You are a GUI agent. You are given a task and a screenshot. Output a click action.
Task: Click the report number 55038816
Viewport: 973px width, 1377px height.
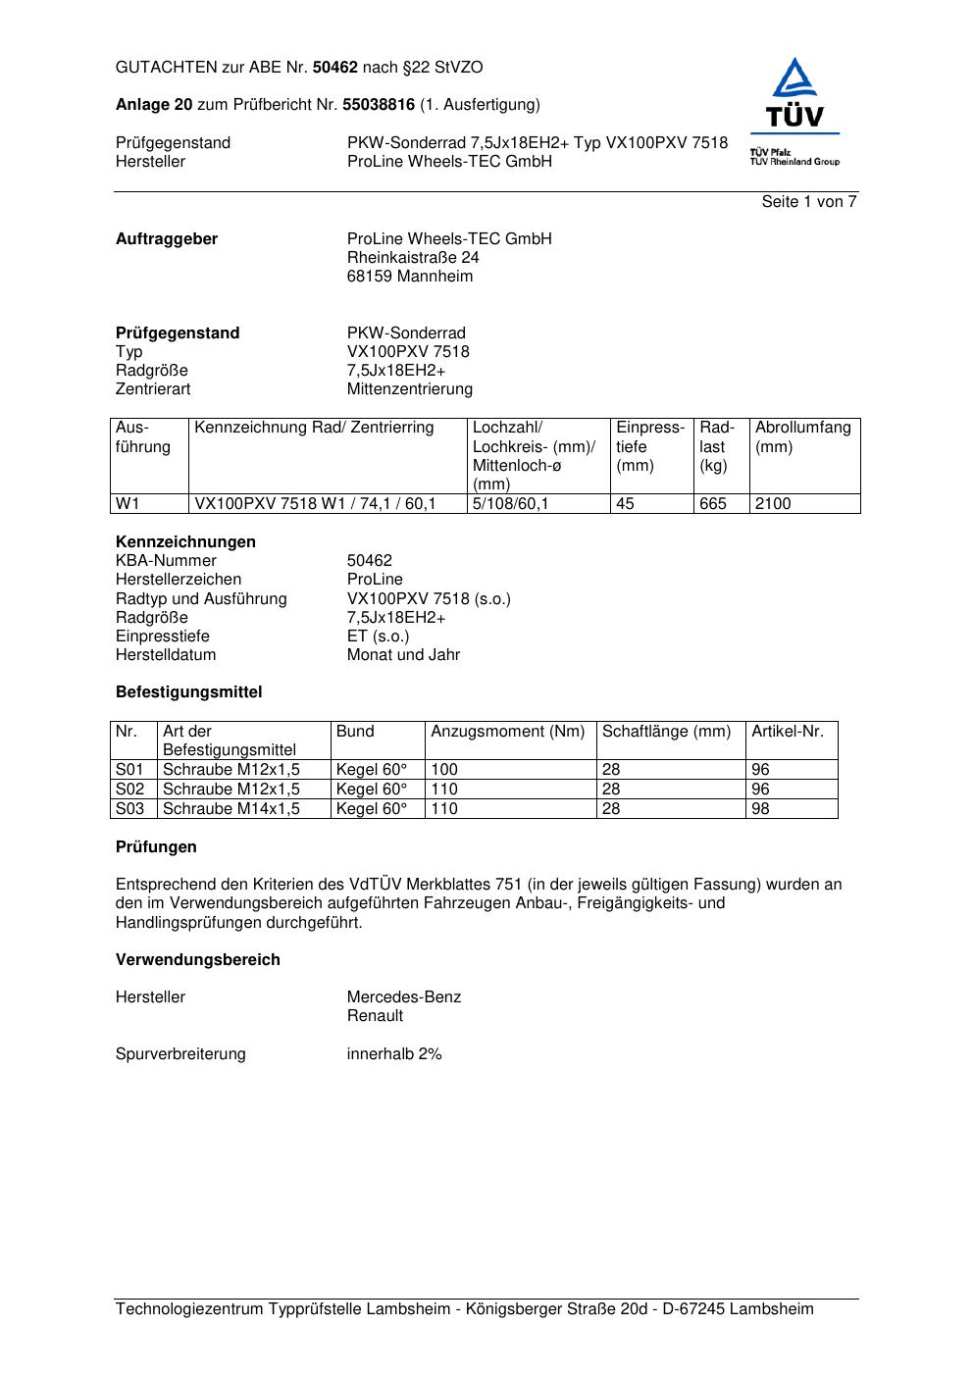(x=379, y=105)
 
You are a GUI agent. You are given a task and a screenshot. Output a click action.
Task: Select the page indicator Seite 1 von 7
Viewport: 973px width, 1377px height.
(x=809, y=202)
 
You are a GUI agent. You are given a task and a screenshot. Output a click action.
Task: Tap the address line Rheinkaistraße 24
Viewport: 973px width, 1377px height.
(x=413, y=258)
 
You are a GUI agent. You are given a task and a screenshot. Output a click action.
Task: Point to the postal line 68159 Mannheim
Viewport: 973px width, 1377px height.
(x=409, y=277)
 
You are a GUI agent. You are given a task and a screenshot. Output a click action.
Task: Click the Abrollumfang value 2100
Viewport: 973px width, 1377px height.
(x=773, y=504)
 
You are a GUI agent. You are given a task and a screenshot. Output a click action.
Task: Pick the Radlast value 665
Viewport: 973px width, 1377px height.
(x=713, y=504)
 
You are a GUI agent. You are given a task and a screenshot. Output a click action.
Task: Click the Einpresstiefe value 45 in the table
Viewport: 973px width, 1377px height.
(x=625, y=504)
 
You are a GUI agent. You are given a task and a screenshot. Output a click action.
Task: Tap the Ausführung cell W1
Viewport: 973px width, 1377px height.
(x=128, y=504)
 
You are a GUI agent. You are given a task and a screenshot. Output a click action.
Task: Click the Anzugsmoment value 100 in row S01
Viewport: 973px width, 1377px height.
(x=444, y=770)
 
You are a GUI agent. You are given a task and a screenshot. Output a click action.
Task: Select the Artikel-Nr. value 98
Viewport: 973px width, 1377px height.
(x=760, y=809)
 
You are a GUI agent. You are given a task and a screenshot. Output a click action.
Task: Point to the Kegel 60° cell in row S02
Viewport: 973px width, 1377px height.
(x=372, y=790)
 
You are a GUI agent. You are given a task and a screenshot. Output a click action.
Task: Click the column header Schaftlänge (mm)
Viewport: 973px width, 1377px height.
(x=667, y=732)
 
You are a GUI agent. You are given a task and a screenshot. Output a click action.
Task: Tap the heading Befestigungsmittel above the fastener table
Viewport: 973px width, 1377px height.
(x=189, y=692)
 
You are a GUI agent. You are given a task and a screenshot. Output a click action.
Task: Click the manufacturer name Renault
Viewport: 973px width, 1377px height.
(x=375, y=1016)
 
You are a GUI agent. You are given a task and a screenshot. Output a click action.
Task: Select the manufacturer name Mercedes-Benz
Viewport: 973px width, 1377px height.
(x=404, y=997)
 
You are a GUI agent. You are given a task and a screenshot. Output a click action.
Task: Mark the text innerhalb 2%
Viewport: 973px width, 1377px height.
(x=394, y=1054)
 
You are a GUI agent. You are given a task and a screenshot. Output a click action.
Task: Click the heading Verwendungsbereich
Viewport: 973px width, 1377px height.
(x=198, y=960)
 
